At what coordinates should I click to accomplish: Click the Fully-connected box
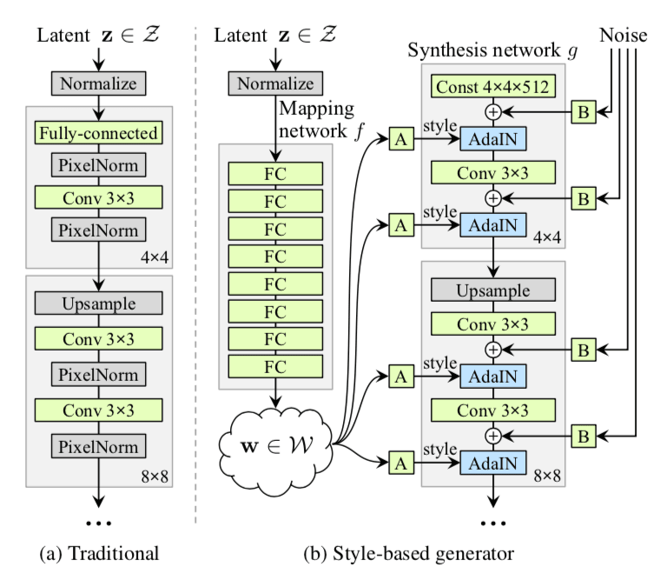[x=98, y=133]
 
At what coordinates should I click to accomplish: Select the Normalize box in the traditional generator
[x=98, y=83]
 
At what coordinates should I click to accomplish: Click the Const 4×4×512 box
[x=492, y=88]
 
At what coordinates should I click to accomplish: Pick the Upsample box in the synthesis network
[x=492, y=290]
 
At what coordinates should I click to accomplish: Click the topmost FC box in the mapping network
[x=274, y=172]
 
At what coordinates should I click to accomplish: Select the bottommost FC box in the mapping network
[x=274, y=366]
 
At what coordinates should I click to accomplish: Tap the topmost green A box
[x=400, y=138]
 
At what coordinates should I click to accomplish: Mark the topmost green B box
[x=584, y=112]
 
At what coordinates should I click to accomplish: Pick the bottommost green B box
[x=584, y=435]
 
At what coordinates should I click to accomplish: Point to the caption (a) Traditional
[x=98, y=550]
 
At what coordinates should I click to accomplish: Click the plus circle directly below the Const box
[x=492, y=112]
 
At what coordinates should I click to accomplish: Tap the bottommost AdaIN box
[x=492, y=463]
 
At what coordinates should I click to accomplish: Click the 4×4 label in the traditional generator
[x=157, y=257]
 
